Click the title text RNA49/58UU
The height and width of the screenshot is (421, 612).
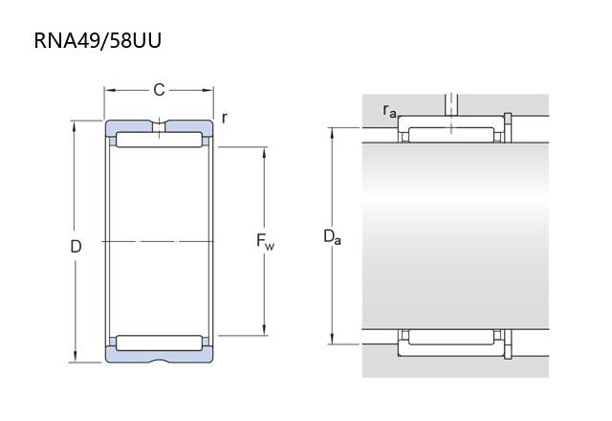point(98,40)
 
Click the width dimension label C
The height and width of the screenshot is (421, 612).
point(159,90)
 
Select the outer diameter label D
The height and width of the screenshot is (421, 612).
point(76,247)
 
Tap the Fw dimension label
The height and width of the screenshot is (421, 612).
point(265,241)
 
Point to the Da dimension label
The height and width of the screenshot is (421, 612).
point(332,236)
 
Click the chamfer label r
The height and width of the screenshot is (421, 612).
point(224,118)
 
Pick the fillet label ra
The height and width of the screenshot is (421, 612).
point(389,111)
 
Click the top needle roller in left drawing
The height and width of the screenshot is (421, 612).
point(160,140)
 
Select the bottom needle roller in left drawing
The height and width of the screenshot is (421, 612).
point(160,343)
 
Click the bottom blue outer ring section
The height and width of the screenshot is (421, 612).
point(160,354)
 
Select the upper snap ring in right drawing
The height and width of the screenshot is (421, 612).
point(508,127)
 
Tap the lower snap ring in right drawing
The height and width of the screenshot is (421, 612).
point(508,344)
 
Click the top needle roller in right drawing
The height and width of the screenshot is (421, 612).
point(451,135)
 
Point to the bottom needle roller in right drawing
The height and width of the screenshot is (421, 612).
point(451,337)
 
